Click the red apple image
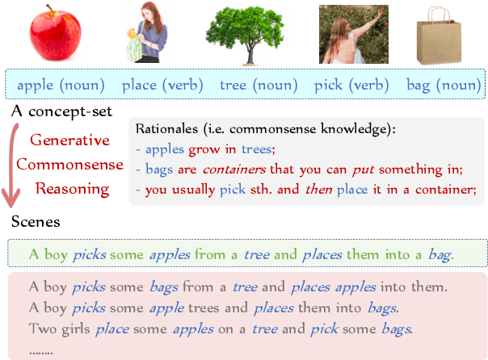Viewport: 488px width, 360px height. (x=57, y=36)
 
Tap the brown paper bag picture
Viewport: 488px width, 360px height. (x=436, y=36)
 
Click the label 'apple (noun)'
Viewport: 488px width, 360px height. (x=59, y=84)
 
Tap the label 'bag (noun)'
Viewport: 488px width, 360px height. (x=435, y=84)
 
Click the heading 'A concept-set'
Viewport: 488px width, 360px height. (x=61, y=111)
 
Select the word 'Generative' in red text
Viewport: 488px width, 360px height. (x=69, y=140)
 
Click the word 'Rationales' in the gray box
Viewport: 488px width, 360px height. (x=167, y=128)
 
